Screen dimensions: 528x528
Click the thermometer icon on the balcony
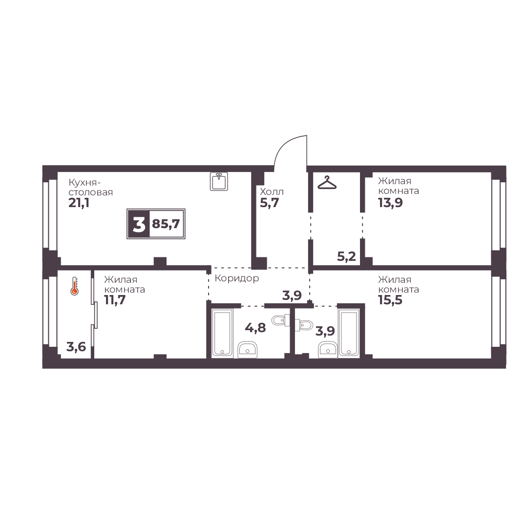point(74,286)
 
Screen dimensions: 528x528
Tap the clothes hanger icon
point(327,183)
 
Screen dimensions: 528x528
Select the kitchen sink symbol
point(219,182)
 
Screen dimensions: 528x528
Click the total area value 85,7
point(166,224)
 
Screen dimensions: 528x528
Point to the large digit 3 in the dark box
point(139,224)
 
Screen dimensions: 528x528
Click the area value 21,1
point(79,203)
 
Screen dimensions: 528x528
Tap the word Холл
point(272,191)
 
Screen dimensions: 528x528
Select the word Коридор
point(237,278)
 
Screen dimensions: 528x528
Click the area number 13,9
point(390,203)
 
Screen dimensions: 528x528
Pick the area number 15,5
point(390,300)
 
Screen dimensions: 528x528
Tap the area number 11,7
point(115,300)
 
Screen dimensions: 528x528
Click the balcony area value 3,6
point(76,346)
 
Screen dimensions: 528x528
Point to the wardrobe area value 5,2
point(346,256)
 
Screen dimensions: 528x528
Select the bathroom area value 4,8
point(255,327)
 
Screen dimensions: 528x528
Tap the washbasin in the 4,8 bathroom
point(248,350)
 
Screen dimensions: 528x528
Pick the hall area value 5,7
point(270,203)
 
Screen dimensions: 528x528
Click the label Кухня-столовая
point(90,188)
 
